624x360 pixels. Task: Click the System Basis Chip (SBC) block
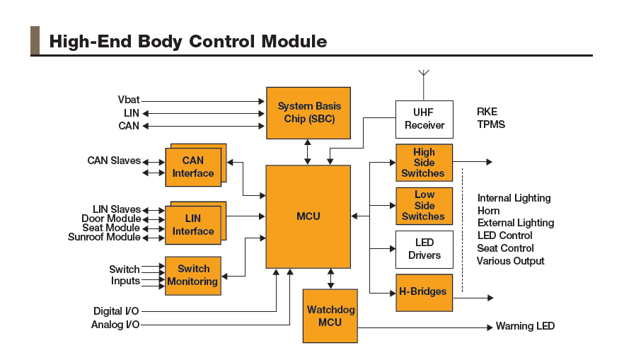[x=306, y=112]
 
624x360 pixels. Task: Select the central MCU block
[x=308, y=216]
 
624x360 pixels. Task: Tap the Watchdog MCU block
[x=330, y=316]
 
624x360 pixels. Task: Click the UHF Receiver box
[x=424, y=119]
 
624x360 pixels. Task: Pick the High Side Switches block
[x=423, y=163]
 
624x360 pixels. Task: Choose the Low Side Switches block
[x=423, y=206]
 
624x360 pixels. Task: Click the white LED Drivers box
[x=424, y=249]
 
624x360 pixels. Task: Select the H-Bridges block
[x=423, y=292]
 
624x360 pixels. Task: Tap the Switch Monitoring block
[x=192, y=275]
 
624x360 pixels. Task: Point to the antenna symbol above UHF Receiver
[x=424, y=74]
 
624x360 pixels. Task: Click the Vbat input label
[x=129, y=100]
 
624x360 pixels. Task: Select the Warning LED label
[x=525, y=326]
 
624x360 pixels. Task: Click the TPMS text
[x=491, y=124]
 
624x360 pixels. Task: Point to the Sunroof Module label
[x=104, y=237]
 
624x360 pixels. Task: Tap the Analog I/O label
[x=115, y=325]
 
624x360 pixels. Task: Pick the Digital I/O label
[x=117, y=311]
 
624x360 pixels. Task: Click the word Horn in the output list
[x=488, y=210]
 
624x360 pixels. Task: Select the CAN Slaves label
[x=114, y=161]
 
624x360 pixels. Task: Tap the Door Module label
[x=111, y=219]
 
